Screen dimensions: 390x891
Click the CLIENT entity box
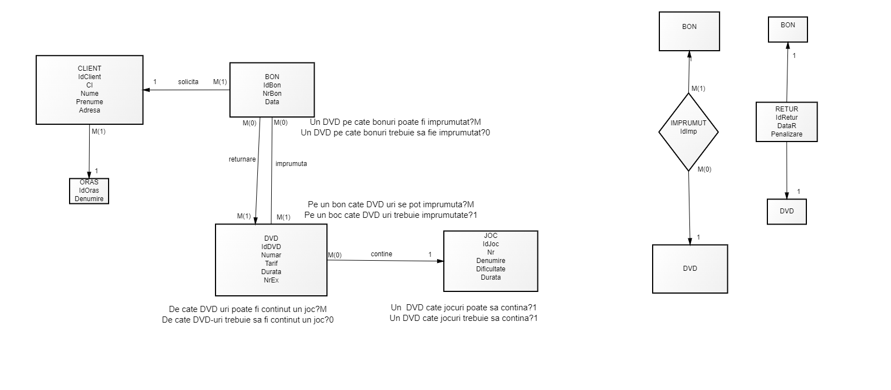pyautogui.click(x=89, y=89)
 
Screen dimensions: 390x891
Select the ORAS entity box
pyautogui.click(x=89, y=191)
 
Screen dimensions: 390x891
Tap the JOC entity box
pyautogui.click(x=491, y=261)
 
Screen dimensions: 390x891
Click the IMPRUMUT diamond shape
pyautogui.click(x=688, y=131)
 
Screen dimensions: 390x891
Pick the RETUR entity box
pyautogui.click(x=786, y=121)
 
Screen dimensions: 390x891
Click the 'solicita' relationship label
pyautogui.click(x=188, y=82)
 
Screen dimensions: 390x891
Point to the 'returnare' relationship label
pyautogui.click(x=242, y=159)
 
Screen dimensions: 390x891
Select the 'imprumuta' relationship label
pyautogui.click(x=291, y=164)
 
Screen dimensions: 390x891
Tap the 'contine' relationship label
pyautogui.click(x=381, y=254)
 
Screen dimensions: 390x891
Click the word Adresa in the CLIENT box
pyautogui.click(x=90, y=110)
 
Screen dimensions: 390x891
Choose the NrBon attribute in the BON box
pyautogui.click(x=272, y=94)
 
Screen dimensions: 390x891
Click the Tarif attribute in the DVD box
pyautogui.click(x=271, y=264)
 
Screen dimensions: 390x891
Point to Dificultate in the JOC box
pyautogui.click(x=491, y=269)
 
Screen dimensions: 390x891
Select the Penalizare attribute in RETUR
pyautogui.click(x=786, y=134)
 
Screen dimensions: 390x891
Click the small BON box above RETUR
pyautogui.click(x=787, y=29)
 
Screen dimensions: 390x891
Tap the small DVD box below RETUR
pyautogui.click(x=786, y=212)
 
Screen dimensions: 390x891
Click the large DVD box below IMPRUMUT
pyautogui.click(x=690, y=269)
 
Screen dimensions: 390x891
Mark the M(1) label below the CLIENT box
pyautogui.click(x=98, y=131)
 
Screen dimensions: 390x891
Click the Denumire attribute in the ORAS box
pyautogui.click(x=89, y=199)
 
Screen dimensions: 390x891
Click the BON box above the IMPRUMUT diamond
pyautogui.click(x=689, y=31)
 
